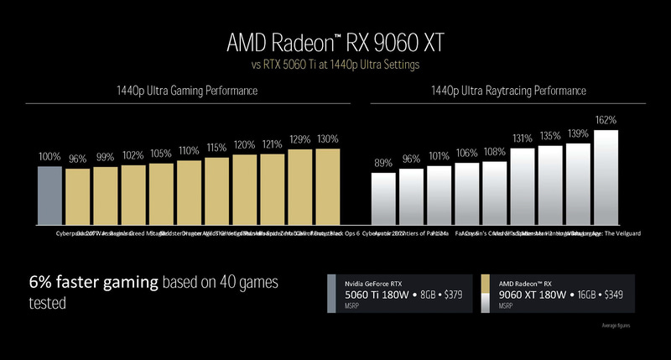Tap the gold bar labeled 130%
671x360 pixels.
pyautogui.click(x=327, y=187)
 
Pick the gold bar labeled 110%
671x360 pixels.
pyautogui.click(x=189, y=192)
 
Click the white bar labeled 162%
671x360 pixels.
pyautogui.click(x=606, y=178)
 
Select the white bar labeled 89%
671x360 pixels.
pyautogui.click(x=382, y=199)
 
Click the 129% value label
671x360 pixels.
pyautogui.click(x=299, y=139)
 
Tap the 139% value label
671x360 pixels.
pyautogui.click(x=578, y=133)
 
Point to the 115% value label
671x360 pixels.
pyautogui.click(x=216, y=147)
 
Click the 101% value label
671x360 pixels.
pyautogui.click(x=439, y=155)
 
